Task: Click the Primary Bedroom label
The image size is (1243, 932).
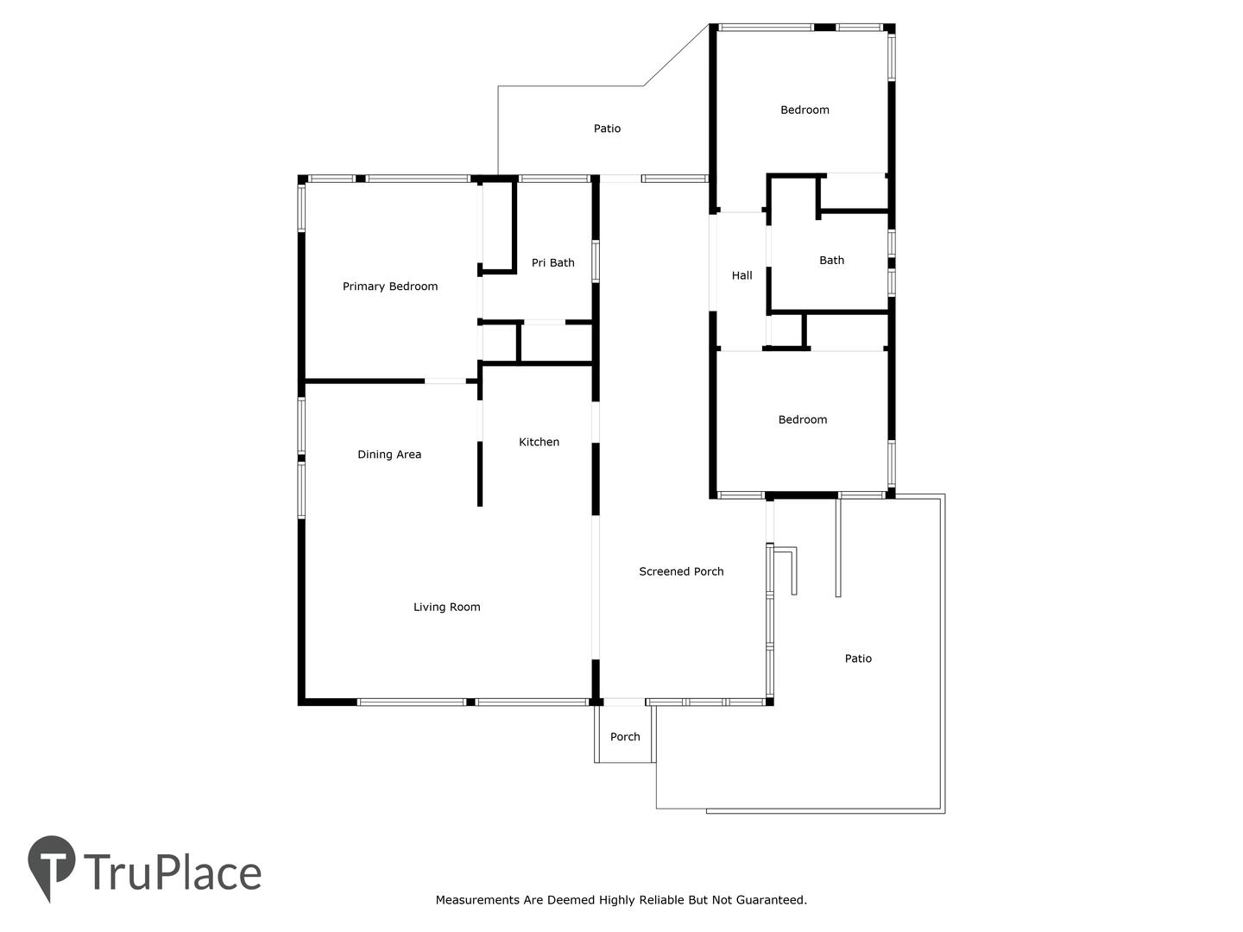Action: click(389, 287)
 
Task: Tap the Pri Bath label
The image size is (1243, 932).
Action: click(552, 262)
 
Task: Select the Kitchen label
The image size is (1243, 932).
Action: click(539, 442)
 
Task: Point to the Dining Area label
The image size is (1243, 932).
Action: click(389, 455)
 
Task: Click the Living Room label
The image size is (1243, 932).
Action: click(446, 608)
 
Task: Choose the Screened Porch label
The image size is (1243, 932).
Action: click(681, 571)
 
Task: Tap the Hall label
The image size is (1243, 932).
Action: click(741, 275)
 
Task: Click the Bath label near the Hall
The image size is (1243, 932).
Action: click(831, 261)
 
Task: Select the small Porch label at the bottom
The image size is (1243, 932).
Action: click(625, 737)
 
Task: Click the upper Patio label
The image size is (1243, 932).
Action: click(607, 129)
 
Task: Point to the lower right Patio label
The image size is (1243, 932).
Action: click(858, 658)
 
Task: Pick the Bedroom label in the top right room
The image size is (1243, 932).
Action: click(804, 110)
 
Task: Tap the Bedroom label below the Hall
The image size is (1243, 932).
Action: click(802, 419)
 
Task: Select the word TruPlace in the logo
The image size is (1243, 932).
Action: click(173, 872)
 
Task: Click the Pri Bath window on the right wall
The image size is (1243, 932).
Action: click(595, 261)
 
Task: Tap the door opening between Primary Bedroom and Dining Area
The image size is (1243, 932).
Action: click(445, 381)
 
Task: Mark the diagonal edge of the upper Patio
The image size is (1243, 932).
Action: click(676, 55)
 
